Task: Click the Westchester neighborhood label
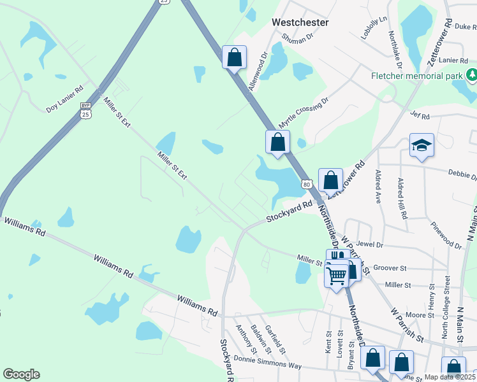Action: pos(300,22)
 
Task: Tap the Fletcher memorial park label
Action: pos(417,76)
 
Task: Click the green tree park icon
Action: pos(471,76)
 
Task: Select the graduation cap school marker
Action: pos(422,146)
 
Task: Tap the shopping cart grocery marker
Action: pos(336,276)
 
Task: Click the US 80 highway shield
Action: pos(307,184)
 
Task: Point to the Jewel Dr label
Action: pos(370,244)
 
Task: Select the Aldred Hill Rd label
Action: pos(402,199)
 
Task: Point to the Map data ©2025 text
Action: pos(450,377)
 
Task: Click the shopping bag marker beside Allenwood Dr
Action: pos(234,57)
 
